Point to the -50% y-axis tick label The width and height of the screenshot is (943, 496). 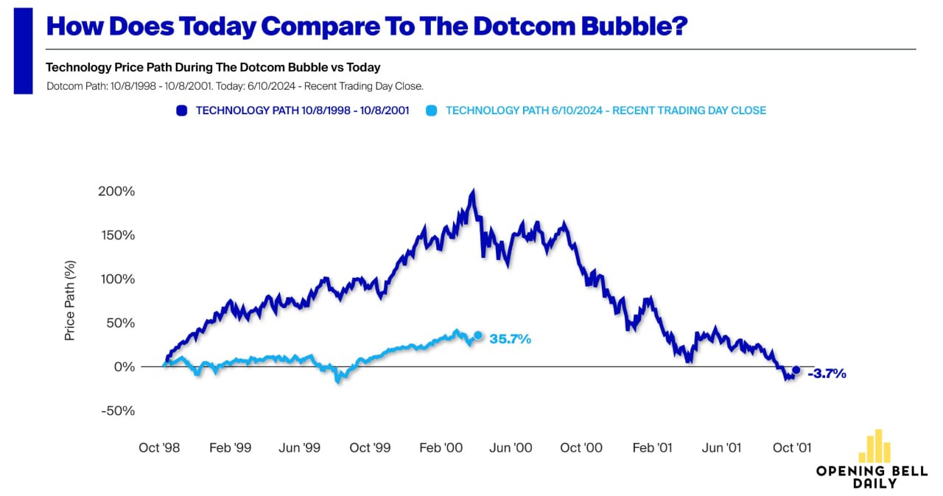tap(119, 411)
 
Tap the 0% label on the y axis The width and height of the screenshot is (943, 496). tap(125, 367)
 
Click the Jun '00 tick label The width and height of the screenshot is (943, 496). tap(511, 447)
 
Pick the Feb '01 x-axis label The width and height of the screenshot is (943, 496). tap(651, 447)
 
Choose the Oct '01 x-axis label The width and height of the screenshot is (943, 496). tap(792, 447)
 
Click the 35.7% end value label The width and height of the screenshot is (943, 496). tap(511, 339)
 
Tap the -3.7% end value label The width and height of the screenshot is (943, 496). tap(827, 374)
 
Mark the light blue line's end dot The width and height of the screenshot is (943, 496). tap(477, 335)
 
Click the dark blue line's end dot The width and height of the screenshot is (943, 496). tap(796, 370)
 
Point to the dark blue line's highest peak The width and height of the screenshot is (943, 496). tap(472, 192)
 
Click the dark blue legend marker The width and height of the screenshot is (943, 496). tap(181, 111)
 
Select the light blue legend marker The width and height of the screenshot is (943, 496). tap(432, 111)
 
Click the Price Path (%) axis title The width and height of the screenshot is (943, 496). tap(70, 300)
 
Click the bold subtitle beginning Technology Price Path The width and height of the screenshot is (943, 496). tap(213, 67)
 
